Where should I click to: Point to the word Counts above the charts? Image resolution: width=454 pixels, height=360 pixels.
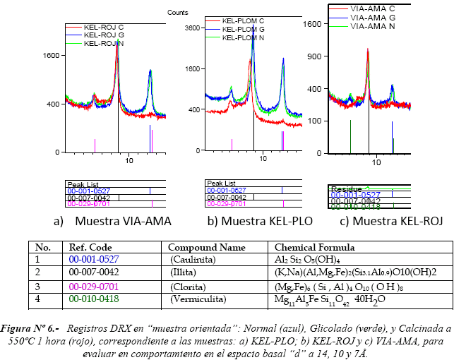pyautogui.click(x=177, y=13)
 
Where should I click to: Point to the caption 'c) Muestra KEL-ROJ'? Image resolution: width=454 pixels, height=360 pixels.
pyautogui.click(x=391, y=222)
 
